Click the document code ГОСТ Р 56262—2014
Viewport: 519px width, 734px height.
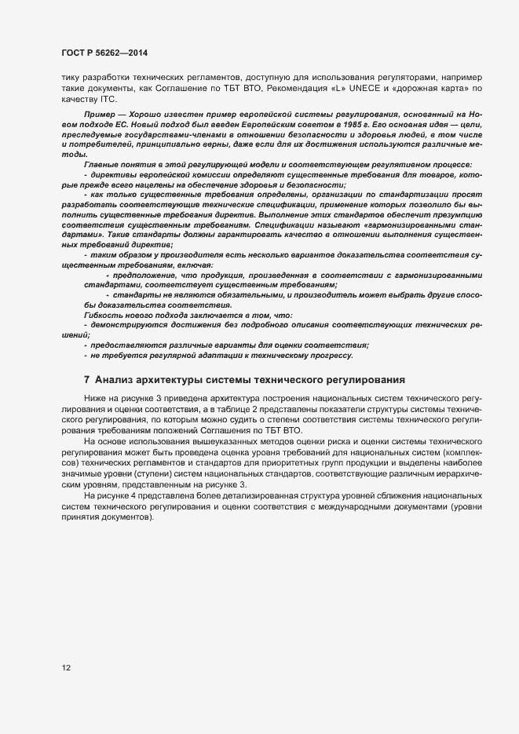[x=104, y=53]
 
